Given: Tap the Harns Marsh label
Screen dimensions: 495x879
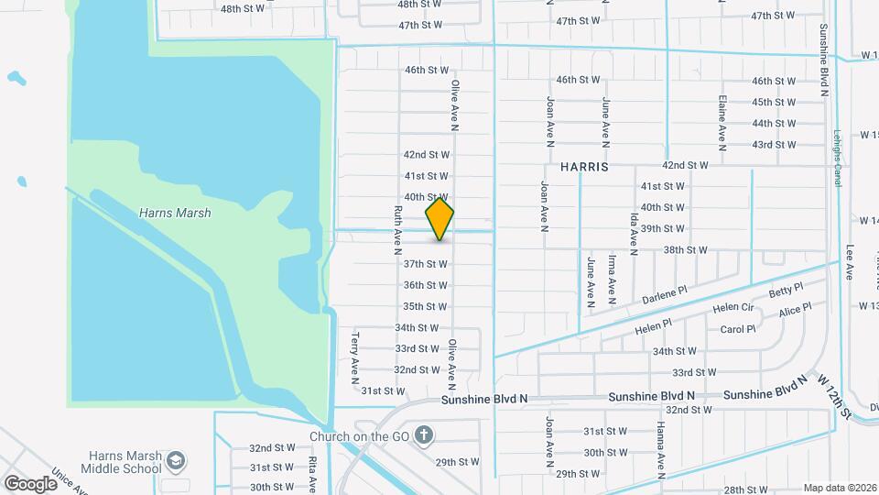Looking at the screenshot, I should click(x=175, y=213).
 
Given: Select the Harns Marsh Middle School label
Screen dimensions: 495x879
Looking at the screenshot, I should click(x=125, y=461).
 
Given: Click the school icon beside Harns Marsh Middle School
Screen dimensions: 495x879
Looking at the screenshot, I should click(x=178, y=459).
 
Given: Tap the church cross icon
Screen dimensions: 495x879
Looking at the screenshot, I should click(x=422, y=434).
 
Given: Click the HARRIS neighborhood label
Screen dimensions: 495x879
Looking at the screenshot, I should click(x=584, y=169).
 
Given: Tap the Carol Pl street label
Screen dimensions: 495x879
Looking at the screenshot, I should click(x=738, y=329).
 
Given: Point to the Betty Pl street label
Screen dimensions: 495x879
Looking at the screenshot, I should click(x=785, y=292).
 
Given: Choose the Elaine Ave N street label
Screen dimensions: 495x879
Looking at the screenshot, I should click(x=722, y=121).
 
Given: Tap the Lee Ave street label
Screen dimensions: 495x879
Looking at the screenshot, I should click(x=849, y=261).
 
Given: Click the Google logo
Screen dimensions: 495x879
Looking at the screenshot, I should click(x=30, y=483).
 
